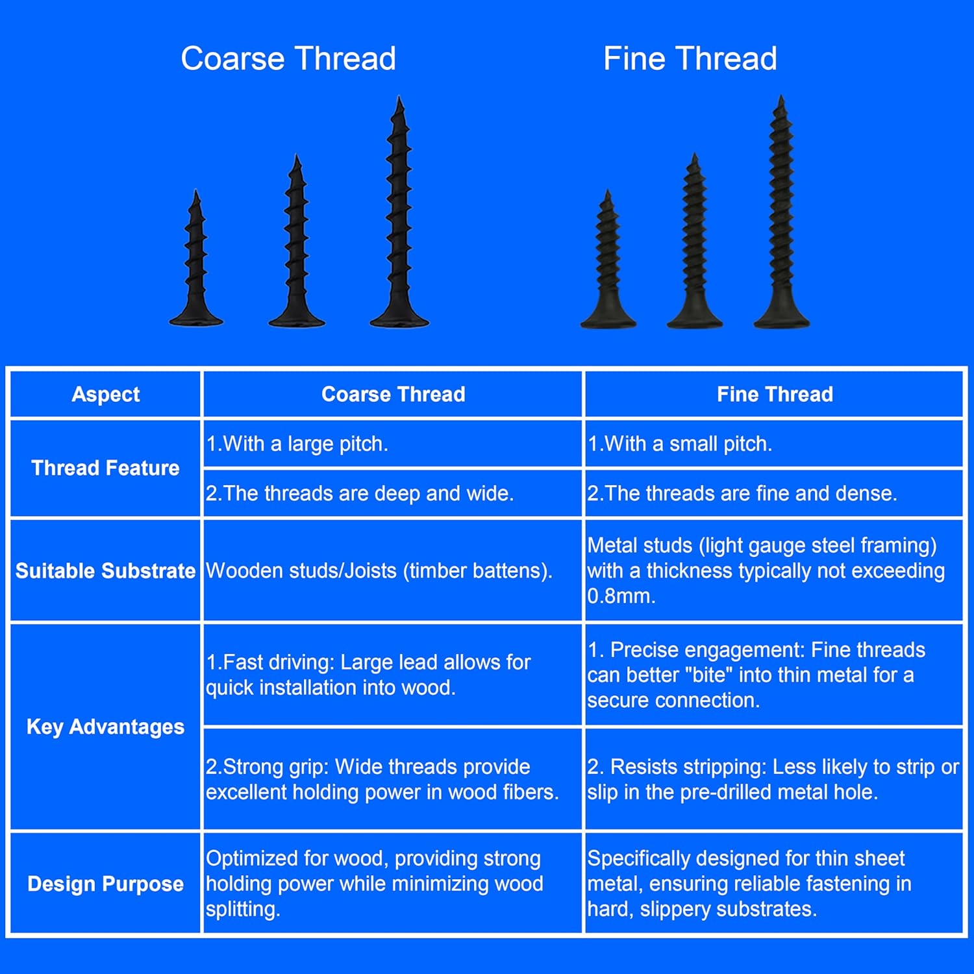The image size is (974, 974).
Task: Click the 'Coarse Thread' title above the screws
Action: [x=288, y=58]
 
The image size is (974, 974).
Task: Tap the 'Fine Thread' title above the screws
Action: [x=690, y=58]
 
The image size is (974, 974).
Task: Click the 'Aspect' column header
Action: [x=105, y=394]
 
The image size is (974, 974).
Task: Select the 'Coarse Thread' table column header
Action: [x=393, y=394]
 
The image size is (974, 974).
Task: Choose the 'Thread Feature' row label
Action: [x=105, y=468]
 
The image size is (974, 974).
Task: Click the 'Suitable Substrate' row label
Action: [x=105, y=571]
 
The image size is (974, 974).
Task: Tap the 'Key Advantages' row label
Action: [x=105, y=727]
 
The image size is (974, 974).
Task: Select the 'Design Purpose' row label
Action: [x=105, y=884]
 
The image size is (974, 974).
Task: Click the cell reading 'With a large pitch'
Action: [x=297, y=444]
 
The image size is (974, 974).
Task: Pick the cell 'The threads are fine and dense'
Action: [x=742, y=493]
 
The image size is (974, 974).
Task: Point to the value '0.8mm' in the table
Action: [x=620, y=596]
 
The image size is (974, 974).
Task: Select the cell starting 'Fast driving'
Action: [x=368, y=675]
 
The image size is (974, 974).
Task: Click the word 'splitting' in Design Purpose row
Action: [x=243, y=909]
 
